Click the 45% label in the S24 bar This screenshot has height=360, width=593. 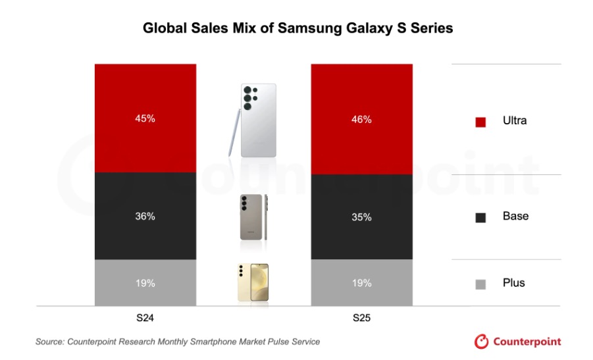[x=145, y=119]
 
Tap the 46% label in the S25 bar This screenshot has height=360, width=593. [x=361, y=120]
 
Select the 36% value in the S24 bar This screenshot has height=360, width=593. [x=145, y=216]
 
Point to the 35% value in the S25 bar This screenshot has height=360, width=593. [x=361, y=217]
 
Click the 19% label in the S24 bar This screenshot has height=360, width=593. [x=145, y=283]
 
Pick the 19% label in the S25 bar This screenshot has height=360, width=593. [x=361, y=283]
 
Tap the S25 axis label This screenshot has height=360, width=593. [x=361, y=317]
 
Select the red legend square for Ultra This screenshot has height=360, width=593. [x=480, y=122]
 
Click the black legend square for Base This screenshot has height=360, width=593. [x=480, y=217]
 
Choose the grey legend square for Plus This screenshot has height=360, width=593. [x=480, y=284]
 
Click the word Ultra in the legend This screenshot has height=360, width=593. [x=515, y=121]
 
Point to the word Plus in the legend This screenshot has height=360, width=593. [x=513, y=283]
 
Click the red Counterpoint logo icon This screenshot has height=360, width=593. [x=482, y=342]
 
